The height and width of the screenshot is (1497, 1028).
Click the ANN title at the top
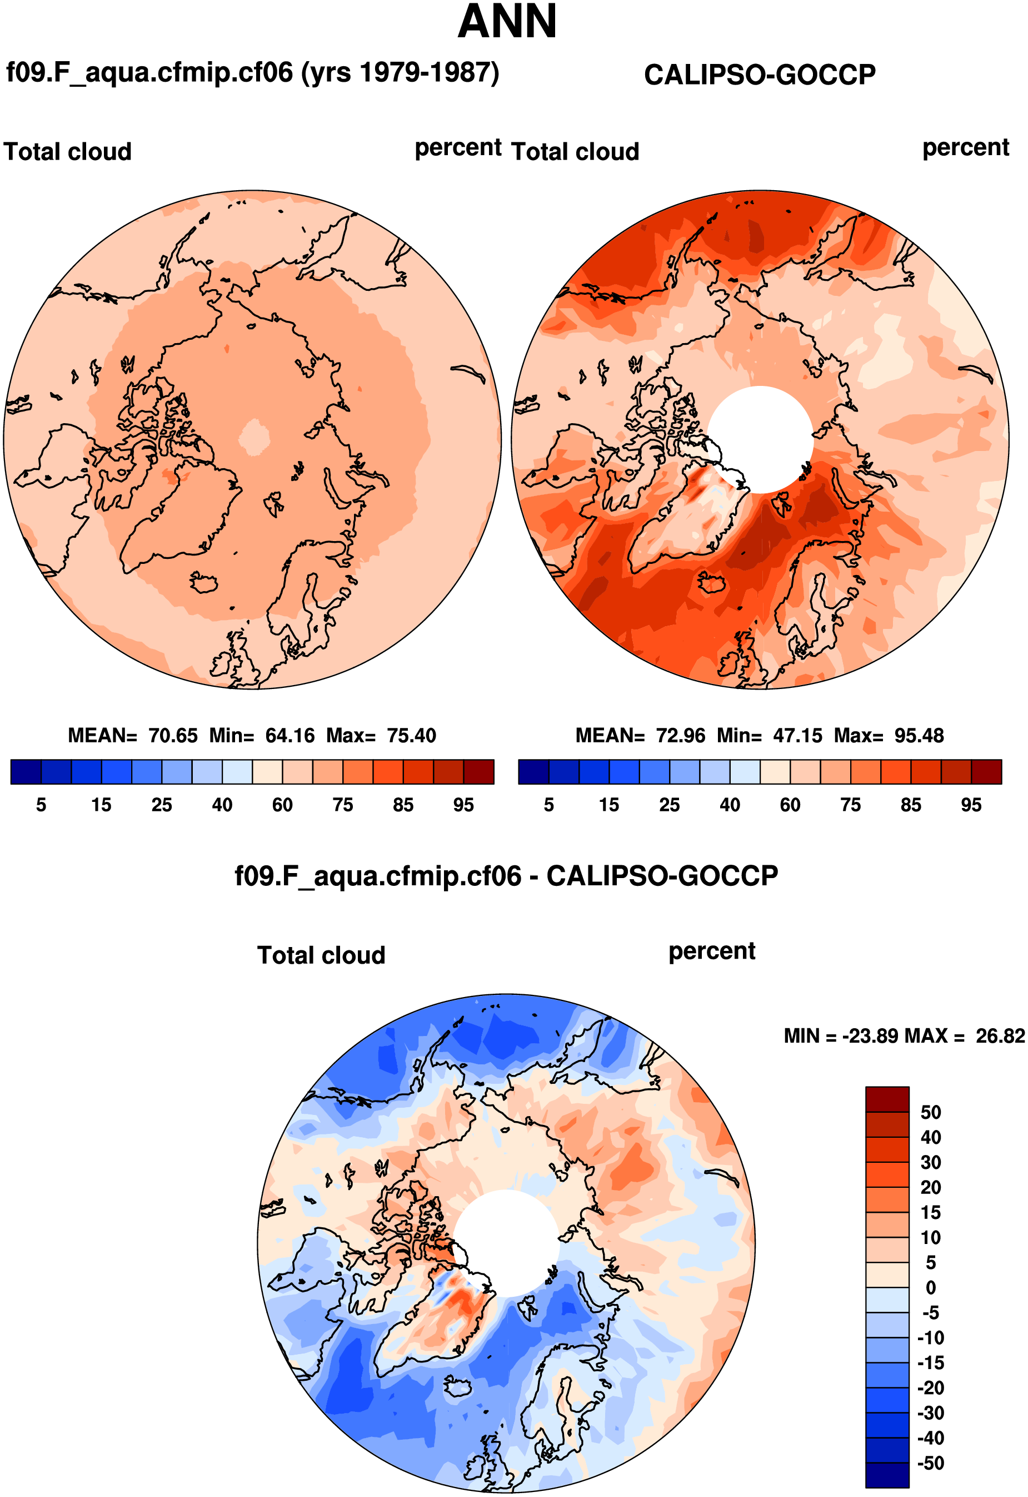coord(507,22)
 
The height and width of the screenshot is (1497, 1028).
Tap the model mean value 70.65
coord(173,735)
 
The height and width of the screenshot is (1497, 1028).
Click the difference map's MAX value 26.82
coord(1000,1035)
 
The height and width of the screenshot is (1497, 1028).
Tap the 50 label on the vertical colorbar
coord(930,1112)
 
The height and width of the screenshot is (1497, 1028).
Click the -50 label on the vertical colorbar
coord(930,1463)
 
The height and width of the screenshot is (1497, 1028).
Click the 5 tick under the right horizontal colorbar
coord(549,805)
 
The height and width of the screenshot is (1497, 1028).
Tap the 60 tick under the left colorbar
coord(282,805)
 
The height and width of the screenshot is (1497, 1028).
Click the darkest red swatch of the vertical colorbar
coord(887,1099)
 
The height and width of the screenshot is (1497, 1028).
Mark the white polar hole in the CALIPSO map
coord(760,439)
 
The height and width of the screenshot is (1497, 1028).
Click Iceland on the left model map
coord(203,584)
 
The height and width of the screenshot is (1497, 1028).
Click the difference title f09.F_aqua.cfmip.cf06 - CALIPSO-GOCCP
coord(506,876)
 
